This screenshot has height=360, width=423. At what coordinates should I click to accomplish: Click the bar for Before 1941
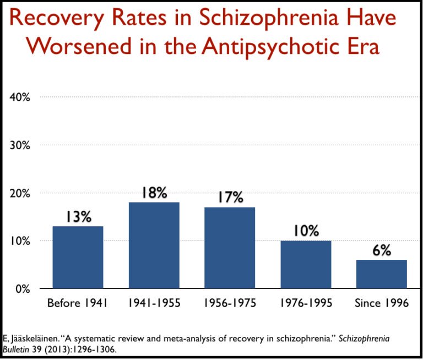[x=78, y=257]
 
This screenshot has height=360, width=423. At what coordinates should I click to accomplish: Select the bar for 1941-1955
[x=154, y=246]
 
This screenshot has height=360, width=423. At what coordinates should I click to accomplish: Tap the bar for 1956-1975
[x=230, y=248]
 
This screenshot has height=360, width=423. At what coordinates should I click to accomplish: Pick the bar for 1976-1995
[x=306, y=264]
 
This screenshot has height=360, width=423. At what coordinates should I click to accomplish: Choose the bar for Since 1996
[x=381, y=274]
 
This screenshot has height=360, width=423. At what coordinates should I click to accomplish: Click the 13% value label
[x=78, y=217]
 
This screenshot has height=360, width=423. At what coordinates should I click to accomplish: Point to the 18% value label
[x=154, y=193]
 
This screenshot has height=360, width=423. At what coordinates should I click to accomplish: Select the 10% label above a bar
[x=306, y=231]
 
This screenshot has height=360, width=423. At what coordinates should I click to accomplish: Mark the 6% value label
[x=381, y=250]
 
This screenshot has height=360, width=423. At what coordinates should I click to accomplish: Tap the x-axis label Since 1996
[x=381, y=303]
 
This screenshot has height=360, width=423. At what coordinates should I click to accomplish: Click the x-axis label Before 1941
[x=78, y=303]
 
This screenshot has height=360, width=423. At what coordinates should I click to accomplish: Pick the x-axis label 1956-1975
[x=230, y=303]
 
